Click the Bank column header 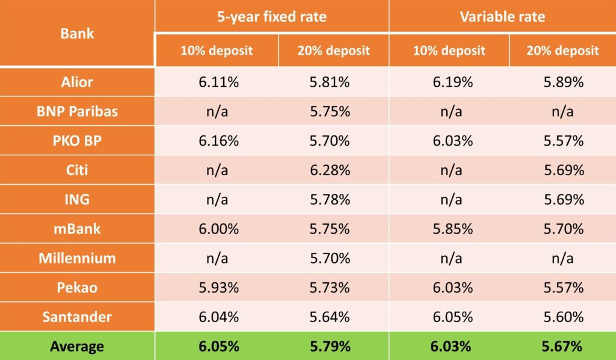click(x=77, y=33)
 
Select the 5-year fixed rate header click(x=272, y=16)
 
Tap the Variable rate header click(x=502, y=16)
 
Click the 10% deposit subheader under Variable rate click(x=449, y=51)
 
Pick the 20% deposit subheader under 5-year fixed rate click(x=333, y=51)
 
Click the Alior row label click(x=77, y=82)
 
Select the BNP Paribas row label click(x=77, y=111)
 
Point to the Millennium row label click(x=77, y=258)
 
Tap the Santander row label click(x=77, y=317)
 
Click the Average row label click(x=77, y=347)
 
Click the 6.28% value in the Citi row click(x=330, y=170)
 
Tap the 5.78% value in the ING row click(x=330, y=200)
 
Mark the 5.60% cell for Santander click(x=564, y=317)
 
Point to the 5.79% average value click(x=330, y=347)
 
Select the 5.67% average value click(x=564, y=347)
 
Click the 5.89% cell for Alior click(x=564, y=82)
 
